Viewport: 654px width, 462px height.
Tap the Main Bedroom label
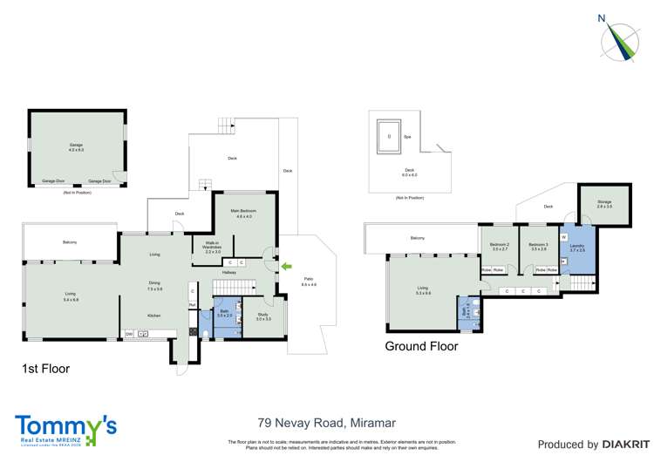(x=242, y=213)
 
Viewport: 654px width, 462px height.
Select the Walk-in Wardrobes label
(x=214, y=248)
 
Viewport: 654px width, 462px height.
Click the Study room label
(x=263, y=316)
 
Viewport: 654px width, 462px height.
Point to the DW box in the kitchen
(x=128, y=334)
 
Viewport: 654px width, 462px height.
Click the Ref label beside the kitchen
(x=192, y=304)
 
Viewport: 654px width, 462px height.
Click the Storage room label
(x=605, y=204)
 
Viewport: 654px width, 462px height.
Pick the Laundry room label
(x=577, y=248)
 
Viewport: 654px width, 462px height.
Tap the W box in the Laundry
(x=564, y=236)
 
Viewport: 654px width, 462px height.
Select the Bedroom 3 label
(x=538, y=247)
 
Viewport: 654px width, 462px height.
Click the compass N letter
(x=602, y=17)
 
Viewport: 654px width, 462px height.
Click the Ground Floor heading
(x=421, y=346)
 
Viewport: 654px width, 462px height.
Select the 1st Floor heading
(x=45, y=369)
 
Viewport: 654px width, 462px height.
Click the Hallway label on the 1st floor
(x=228, y=273)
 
